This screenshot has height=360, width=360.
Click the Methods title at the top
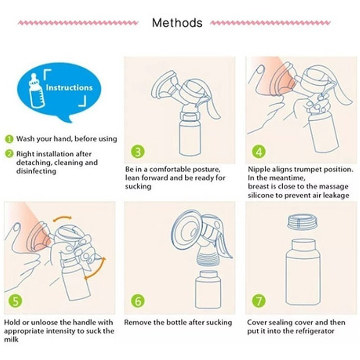[x=177, y=23]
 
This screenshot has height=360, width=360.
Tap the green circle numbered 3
[x=138, y=152]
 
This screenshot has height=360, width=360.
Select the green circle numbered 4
[x=259, y=152]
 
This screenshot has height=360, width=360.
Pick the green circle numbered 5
[x=16, y=300]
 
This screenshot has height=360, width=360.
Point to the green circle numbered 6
[x=138, y=300]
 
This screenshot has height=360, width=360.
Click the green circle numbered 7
[x=259, y=300]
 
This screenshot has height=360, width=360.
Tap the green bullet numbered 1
[x=9, y=139]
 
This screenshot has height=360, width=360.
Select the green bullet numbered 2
[x=9, y=153]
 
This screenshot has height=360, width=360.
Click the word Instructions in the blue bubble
[x=69, y=88]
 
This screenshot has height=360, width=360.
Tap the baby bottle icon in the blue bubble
[x=36, y=90]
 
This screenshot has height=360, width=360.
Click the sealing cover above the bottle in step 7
[x=303, y=222]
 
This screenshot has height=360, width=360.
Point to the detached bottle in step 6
[x=208, y=289]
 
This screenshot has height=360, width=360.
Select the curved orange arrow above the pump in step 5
[x=62, y=218]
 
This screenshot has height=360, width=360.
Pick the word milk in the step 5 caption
[x=11, y=340]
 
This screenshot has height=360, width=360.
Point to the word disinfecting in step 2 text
[x=36, y=171]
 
